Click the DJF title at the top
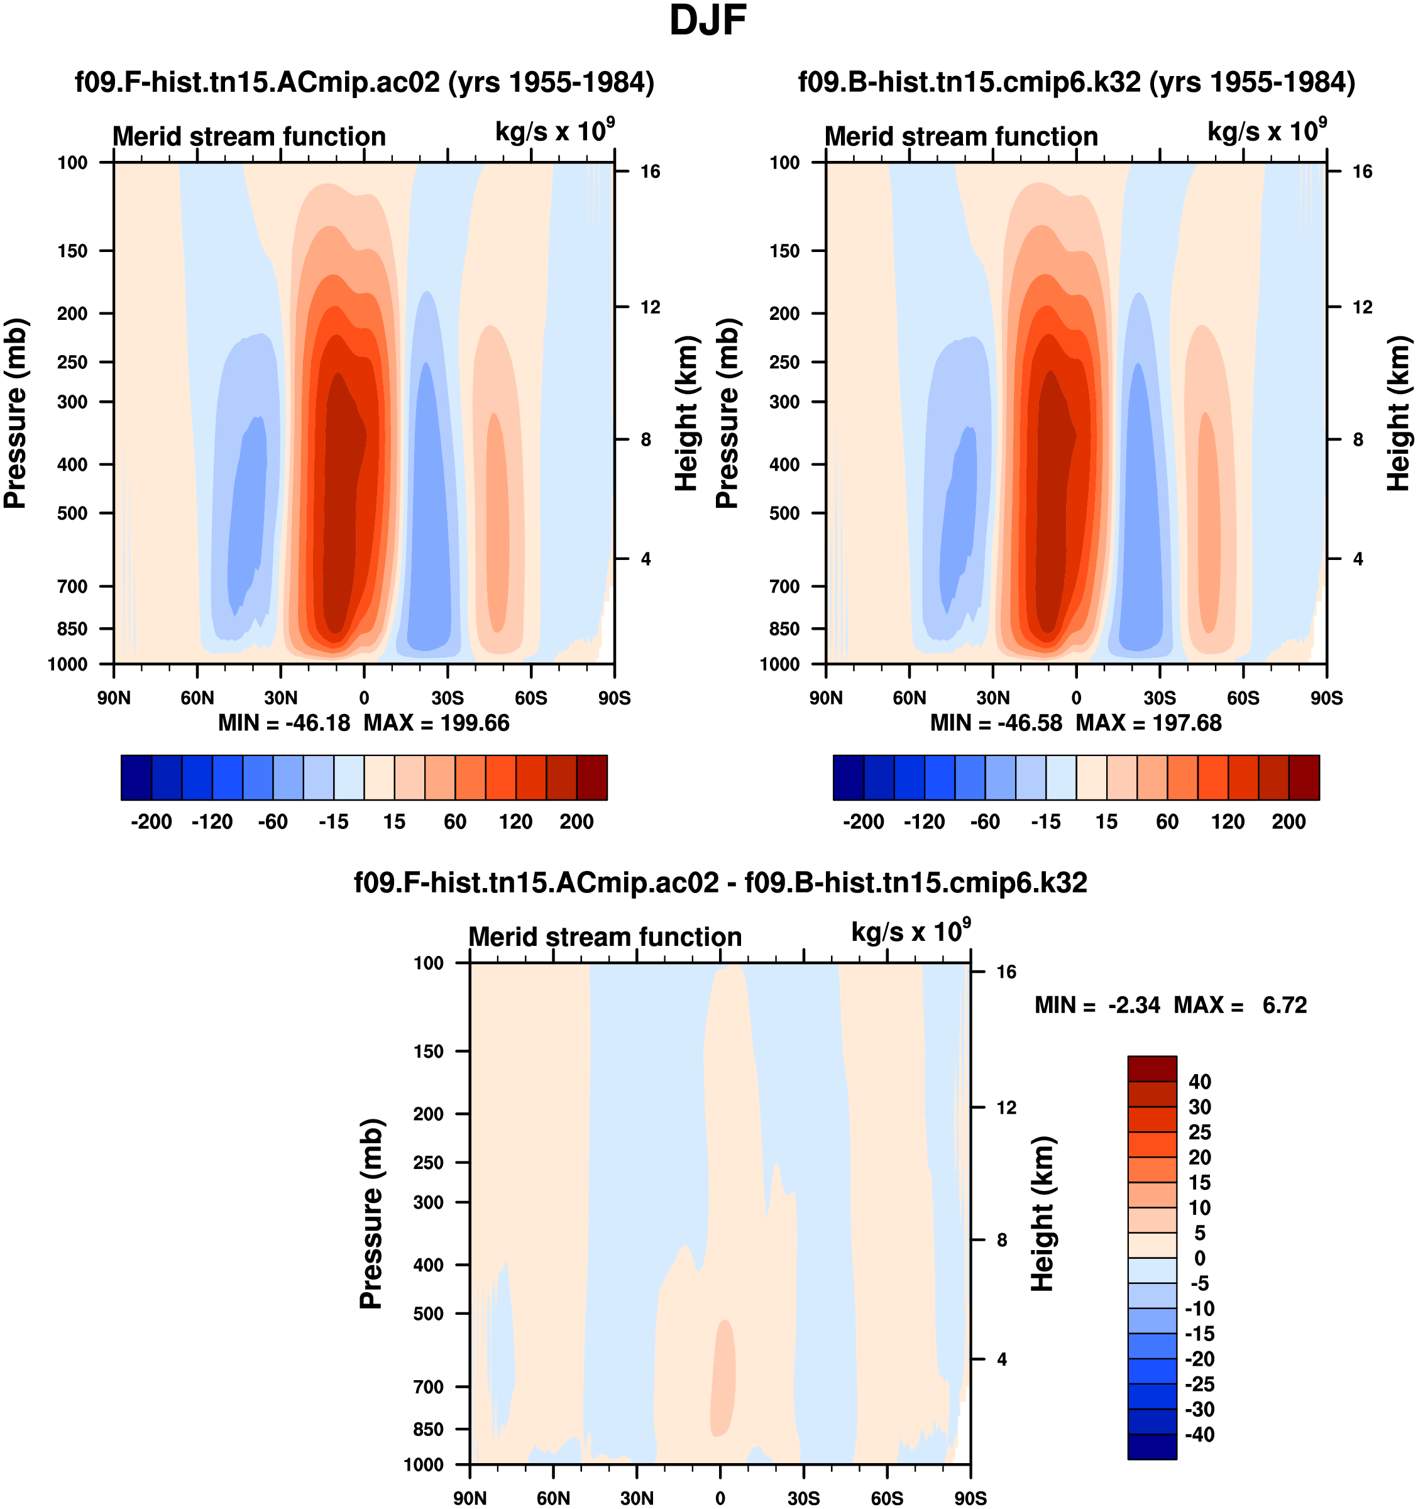708,21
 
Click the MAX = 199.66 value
436,723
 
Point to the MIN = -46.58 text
996,723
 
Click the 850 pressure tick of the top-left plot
73,628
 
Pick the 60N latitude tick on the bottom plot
553,1498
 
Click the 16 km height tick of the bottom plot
1006,972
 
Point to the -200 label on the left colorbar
151,822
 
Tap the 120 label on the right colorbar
1228,822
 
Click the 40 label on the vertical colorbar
1199,1082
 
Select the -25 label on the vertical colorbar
1199,1384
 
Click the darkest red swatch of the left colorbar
592,777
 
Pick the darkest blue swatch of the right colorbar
848,777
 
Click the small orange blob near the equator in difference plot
723,1378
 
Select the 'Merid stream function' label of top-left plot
249,136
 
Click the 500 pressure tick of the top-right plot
785,513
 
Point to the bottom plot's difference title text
720,883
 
